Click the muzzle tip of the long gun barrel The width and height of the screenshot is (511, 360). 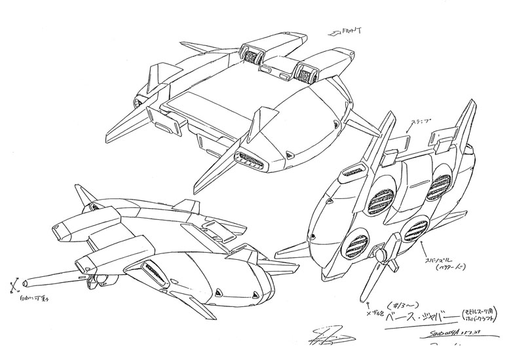point(24,283)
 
